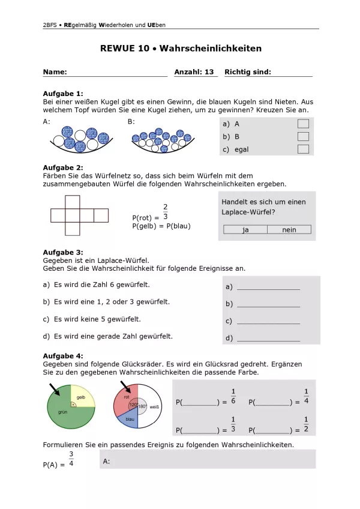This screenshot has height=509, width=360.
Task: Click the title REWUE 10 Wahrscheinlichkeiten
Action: [181, 49]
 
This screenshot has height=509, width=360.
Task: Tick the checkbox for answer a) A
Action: [303, 124]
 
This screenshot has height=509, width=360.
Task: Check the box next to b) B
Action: [303, 136]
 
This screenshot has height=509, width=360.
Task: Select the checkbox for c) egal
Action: [303, 149]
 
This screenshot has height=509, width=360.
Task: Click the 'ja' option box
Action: [245, 229]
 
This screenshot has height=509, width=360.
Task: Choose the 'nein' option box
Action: [289, 229]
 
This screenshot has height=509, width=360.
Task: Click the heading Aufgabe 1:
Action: [63, 94]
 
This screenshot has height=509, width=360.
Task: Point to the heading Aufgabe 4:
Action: [63, 356]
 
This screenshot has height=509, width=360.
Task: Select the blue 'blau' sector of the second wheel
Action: [128, 420]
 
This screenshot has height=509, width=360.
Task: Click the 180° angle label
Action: [143, 406]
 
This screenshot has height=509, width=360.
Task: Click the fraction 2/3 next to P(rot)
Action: [166, 212]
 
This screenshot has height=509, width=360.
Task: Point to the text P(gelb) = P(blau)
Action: [161, 226]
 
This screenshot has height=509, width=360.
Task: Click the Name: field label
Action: [55, 72]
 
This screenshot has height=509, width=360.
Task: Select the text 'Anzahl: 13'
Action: [194, 72]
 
